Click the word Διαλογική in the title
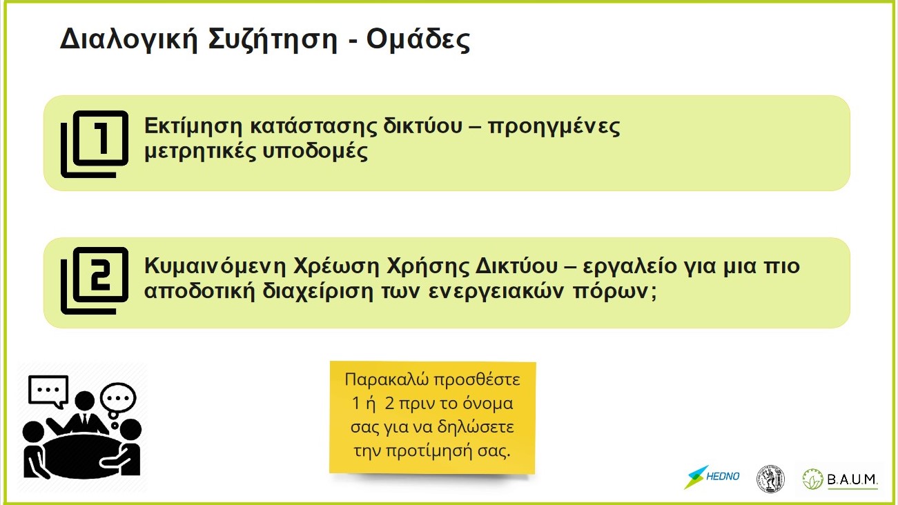128,40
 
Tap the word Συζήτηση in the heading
273,40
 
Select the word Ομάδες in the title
418,40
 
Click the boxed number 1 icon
95,144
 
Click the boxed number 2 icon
95,281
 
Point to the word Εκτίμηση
193,126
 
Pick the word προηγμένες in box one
554,127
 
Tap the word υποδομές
315,152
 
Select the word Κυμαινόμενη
215,266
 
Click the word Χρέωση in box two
336,266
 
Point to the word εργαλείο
629,266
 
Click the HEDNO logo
712,477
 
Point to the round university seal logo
770,479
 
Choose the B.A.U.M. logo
840,479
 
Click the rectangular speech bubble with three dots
48,391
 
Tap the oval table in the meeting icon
82,456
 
